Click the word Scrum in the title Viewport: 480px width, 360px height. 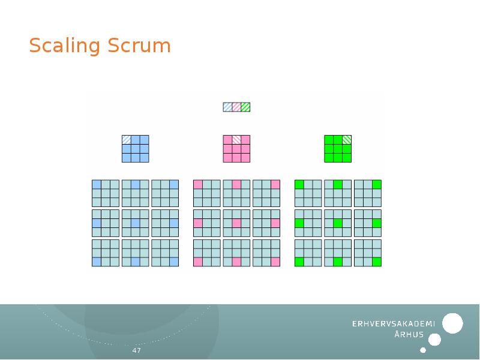140,46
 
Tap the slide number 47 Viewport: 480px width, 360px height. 136,350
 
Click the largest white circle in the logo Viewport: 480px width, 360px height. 452,323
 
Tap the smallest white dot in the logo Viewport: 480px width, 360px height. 423,350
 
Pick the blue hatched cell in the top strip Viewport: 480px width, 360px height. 227,107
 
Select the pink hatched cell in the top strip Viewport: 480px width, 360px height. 236,107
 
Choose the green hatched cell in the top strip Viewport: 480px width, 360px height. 245,107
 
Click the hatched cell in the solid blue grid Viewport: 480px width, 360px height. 127,140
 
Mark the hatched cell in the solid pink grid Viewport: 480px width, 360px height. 236,140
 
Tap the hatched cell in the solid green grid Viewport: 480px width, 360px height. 347,140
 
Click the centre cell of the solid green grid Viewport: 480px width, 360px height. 338,149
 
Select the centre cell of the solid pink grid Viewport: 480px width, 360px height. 236,149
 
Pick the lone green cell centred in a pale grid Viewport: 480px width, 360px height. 338,223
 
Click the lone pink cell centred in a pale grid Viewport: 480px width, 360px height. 236,223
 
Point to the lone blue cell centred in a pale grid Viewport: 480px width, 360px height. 135,223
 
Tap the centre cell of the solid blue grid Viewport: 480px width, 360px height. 136,149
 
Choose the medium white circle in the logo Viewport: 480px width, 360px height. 435,340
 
